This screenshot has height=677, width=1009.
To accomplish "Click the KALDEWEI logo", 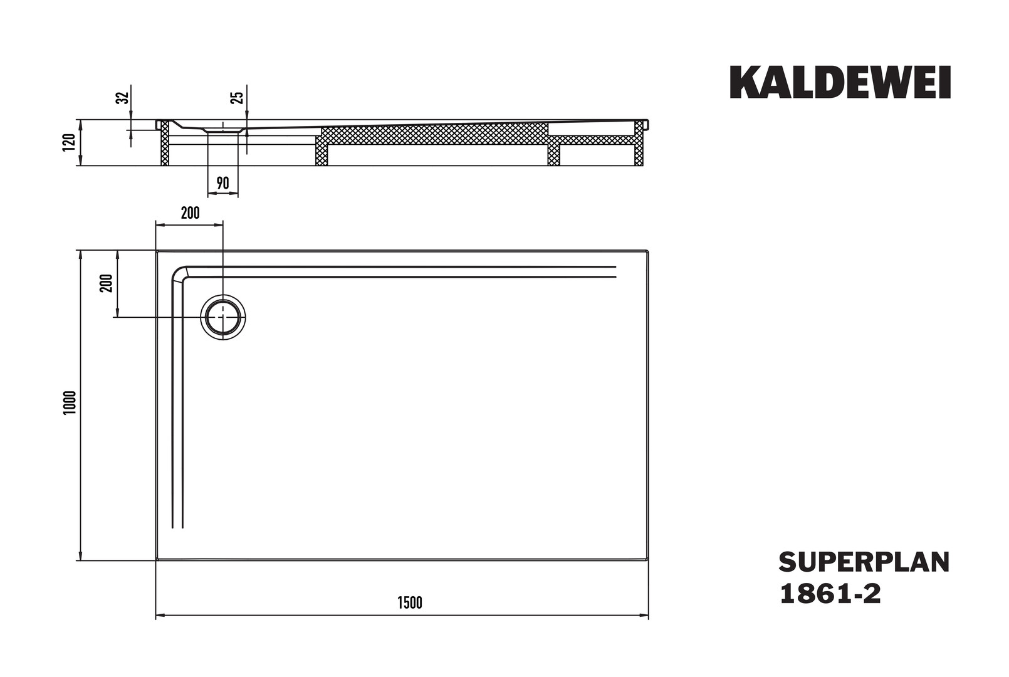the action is click(840, 82).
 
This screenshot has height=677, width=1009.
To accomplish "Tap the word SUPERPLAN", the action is click(864, 562).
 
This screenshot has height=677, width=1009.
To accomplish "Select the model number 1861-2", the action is click(830, 594).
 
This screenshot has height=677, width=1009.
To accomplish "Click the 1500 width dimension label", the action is click(410, 602).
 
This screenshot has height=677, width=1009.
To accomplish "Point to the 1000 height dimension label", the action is click(70, 403).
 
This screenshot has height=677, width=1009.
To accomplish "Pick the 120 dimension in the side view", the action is click(69, 142).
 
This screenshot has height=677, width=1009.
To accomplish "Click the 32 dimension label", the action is click(123, 98).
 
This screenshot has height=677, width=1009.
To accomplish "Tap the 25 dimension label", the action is click(237, 98).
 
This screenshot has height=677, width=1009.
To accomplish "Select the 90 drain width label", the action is click(223, 183).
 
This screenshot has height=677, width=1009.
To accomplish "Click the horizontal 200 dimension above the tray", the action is click(190, 213).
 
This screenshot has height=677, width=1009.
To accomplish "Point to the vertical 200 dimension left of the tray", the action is click(107, 283).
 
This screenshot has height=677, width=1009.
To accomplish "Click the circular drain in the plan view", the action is click(223, 317).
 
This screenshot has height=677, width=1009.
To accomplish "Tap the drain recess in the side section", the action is click(223, 130).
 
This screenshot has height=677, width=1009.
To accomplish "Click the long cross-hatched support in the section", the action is click(435, 134).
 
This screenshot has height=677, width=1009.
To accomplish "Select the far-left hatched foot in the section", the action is click(165, 144).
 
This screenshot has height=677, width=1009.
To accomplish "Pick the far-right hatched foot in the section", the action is click(639, 144).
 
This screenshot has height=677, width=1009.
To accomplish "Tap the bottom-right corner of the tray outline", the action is click(648, 560).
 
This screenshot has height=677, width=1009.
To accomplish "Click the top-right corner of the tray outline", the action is click(648, 251).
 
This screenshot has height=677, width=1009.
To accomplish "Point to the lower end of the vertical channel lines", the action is click(177, 527).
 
